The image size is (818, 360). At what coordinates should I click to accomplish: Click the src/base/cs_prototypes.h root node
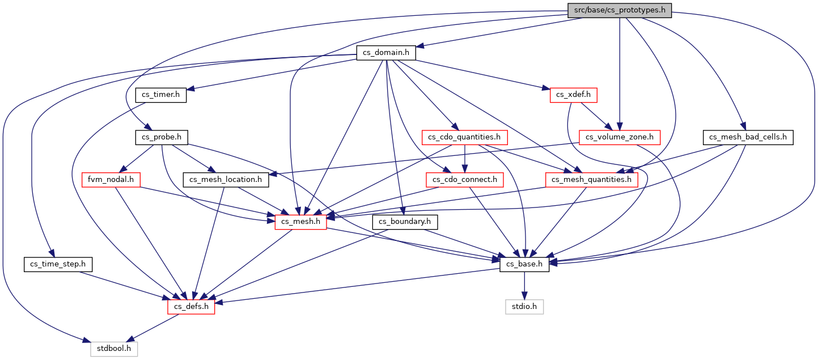pyautogui.click(x=620, y=10)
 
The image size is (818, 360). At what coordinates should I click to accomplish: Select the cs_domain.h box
pyautogui.click(x=386, y=53)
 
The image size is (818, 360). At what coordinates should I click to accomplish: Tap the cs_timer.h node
pyautogui.click(x=160, y=95)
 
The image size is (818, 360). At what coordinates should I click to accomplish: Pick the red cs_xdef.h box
pyautogui.click(x=573, y=95)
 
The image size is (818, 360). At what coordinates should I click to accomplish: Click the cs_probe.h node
pyautogui.click(x=162, y=137)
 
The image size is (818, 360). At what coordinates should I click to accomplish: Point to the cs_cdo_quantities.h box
pyautogui.click(x=464, y=137)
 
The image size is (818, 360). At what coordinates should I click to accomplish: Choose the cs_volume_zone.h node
pyautogui.click(x=620, y=137)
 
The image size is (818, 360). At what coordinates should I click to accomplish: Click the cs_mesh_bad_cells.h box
pyautogui.click(x=748, y=137)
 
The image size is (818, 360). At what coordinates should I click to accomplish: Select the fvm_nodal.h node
pyautogui.click(x=111, y=180)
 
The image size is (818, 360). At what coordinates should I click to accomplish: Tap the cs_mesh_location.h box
pyautogui.click(x=226, y=180)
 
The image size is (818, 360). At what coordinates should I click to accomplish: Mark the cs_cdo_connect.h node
pyautogui.click(x=464, y=180)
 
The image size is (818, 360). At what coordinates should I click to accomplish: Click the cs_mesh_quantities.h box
pyautogui.click(x=592, y=180)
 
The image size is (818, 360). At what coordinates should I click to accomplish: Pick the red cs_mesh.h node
pyautogui.click(x=300, y=222)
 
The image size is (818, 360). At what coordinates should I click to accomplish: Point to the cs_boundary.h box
pyautogui.click(x=405, y=222)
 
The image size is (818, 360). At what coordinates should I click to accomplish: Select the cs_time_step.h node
pyautogui.click(x=58, y=264)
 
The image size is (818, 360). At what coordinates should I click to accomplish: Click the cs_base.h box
pyautogui.click(x=524, y=264)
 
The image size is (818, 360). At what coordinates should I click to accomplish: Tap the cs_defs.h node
pyautogui.click(x=191, y=307)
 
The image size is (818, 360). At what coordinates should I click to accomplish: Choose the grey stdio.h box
pyautogui.click(x=524, y=307)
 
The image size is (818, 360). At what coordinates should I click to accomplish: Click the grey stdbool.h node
pyautogui.click(x=114, y=349)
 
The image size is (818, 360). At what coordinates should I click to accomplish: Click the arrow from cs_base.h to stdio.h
pyautogui.click(x=524, y=286)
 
